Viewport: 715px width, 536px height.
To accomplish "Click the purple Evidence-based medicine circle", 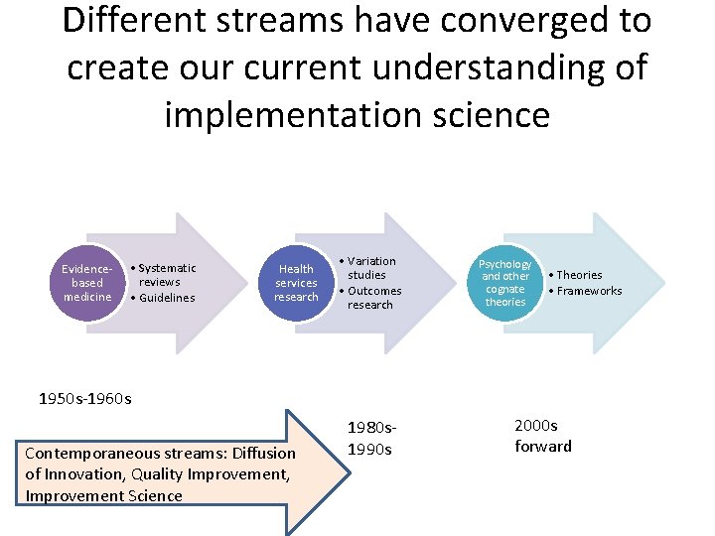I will point(87,283).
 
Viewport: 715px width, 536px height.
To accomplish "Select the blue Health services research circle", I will point(296,283).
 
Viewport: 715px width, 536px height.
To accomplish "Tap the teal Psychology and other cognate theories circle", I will point(505,283).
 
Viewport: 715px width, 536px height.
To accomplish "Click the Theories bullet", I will point(579,275).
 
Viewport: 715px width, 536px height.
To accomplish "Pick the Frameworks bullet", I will point(589,291).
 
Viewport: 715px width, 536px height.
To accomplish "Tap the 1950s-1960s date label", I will point(84,399).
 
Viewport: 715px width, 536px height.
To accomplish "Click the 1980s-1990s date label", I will point(371,438).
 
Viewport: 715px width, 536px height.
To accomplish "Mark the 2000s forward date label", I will point(542,436).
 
